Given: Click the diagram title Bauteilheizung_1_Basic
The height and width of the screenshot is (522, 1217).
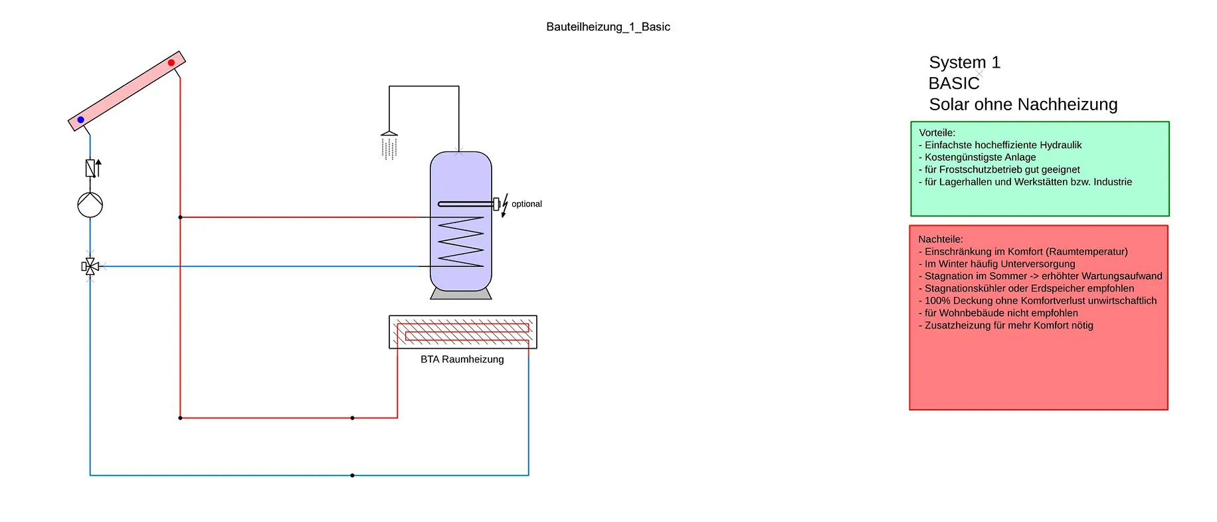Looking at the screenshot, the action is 608,27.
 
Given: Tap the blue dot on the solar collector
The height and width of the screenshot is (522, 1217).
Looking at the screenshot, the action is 81,120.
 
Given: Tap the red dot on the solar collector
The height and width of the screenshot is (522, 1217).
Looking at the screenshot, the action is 171,63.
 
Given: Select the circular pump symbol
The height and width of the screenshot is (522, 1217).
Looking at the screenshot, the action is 90,205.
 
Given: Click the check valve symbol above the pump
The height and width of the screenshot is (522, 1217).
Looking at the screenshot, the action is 92,168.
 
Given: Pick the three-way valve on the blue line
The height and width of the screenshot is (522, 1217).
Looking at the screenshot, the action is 90,266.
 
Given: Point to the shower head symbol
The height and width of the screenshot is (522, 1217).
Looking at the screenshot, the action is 389,145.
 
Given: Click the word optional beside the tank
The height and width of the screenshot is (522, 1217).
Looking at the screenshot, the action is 527,204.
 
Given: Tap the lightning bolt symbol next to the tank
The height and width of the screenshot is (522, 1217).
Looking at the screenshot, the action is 505,205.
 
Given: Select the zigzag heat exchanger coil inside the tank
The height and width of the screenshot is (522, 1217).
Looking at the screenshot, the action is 461,242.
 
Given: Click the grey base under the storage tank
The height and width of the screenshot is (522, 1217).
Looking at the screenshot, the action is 461,294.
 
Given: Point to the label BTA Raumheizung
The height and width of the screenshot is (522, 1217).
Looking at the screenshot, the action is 462,359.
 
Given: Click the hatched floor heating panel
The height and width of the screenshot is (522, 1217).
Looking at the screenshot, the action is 463,332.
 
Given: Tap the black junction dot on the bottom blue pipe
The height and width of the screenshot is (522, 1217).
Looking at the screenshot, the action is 352,476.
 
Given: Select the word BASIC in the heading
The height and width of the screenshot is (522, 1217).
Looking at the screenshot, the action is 954,84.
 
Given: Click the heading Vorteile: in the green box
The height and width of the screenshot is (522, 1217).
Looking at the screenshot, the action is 937,133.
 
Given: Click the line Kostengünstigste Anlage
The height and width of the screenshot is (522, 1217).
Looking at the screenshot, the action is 977,157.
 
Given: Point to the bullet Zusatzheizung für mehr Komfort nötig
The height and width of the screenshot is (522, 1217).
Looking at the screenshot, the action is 1006,325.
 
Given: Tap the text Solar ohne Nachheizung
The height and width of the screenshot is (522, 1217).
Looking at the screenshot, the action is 1023,105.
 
